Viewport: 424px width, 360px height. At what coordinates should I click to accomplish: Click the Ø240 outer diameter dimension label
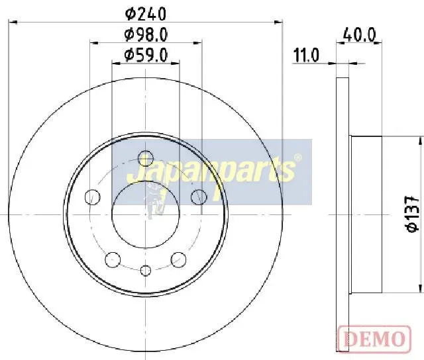coord(146,14)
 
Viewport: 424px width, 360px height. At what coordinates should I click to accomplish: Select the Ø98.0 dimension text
coord(146,35)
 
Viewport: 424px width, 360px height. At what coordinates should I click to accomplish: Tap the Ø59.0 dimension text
coord(146,55)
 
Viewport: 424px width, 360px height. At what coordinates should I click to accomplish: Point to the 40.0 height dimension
coord(359,35)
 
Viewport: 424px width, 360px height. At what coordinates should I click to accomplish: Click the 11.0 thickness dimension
coord(306,56)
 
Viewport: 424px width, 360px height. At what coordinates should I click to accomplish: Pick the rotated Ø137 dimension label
coord(412,214)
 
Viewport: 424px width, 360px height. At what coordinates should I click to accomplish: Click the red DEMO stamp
coord(374,339)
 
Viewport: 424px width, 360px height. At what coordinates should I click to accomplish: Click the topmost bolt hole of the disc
coord(146,158)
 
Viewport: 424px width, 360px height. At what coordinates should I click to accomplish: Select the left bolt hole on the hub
coord(93,197)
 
